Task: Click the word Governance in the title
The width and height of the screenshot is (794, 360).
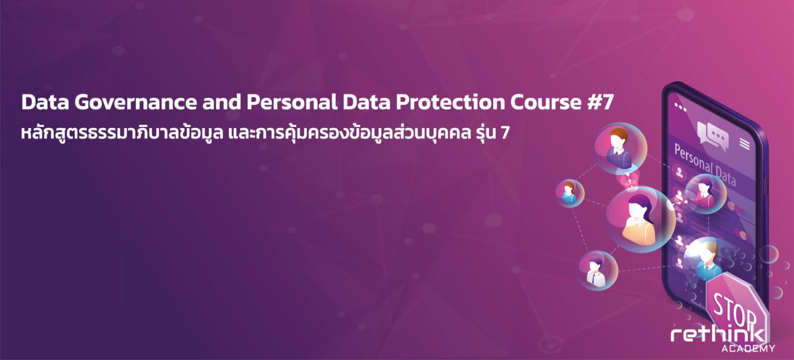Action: (136, 103)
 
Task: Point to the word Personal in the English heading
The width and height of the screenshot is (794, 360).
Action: (292, 103)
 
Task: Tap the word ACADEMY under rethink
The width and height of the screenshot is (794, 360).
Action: (748, 349)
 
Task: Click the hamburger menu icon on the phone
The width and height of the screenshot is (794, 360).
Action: (744, 144)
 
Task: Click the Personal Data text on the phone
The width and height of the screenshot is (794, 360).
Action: (704, 165)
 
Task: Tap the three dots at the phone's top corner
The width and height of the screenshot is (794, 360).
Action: (680, 107)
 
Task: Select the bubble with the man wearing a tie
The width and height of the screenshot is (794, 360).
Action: (597, 270)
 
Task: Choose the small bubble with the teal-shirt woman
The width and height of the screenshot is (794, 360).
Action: (569, 193)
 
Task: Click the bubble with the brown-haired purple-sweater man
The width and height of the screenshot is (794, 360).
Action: (620, 148)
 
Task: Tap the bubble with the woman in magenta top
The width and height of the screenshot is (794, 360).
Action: (706, 193)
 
